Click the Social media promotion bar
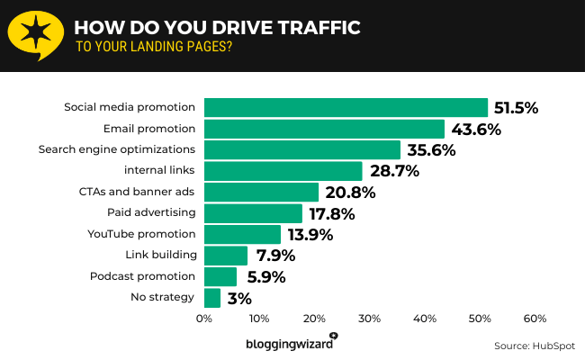[x=346, y=107]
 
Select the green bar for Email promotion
[x=324, y=129]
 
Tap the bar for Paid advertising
[x=253, y=213]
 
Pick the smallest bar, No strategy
[x=212, y=298]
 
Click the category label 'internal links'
[x=158, y=171]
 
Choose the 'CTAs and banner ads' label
[x=137, y=192]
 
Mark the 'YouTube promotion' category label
[x=141, y=234]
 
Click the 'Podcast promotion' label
[x=141, y=276]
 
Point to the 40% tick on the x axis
[x=425, y=319]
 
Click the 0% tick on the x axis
[x=204, y=319]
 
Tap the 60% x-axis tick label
[x=535, y=319]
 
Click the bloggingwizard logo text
[x=288, y=343]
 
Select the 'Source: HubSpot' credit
[x=533, y=346]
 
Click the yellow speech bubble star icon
[x=35, y=34]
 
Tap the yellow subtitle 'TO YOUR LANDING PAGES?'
[x=153, y=48]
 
